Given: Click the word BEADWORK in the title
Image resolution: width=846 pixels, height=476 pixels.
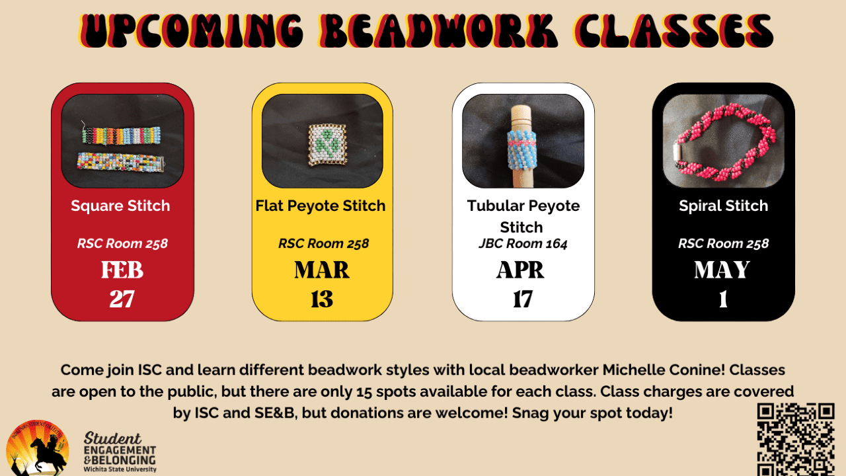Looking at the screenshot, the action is point(439,31).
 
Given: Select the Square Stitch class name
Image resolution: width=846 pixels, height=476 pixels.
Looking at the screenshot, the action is point(120,206).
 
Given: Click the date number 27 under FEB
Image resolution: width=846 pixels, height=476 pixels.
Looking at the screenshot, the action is point(122,299).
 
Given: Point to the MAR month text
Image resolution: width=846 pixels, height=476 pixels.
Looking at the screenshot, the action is point(322,270).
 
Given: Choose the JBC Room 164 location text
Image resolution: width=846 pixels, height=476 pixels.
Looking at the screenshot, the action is point(523,244).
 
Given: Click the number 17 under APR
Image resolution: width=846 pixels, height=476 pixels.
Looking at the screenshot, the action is point(522,299).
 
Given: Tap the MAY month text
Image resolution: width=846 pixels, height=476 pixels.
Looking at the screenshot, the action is point(722,270).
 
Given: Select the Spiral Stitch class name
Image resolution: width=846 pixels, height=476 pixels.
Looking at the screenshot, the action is point(723,206).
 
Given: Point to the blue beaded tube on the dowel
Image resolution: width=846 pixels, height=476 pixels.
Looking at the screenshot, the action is point(522,150).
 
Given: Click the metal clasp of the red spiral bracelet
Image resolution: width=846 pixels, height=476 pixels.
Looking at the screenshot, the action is point(676,151).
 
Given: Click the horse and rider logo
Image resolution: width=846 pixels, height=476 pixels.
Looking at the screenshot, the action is point(38,448).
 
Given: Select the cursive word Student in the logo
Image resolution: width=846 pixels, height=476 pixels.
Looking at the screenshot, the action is point(112,438).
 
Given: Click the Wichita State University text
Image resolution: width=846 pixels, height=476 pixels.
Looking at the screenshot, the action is point(120,469).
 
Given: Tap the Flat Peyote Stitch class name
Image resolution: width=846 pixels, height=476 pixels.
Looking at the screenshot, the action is point(321,206).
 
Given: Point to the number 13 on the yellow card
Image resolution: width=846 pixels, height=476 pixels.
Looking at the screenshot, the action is point(322,299).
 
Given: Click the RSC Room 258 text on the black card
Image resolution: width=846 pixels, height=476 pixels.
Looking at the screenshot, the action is point(723,244).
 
